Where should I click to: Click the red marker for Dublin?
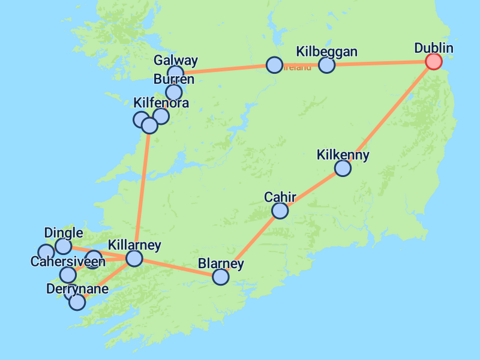(x=433, y=61)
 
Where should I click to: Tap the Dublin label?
(x=434, y=48)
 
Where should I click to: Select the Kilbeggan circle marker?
(x=326, y=64)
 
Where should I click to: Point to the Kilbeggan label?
(x=326, y=52)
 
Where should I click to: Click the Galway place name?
(x=175, y=61)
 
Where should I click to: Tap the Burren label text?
(x=173, y=79)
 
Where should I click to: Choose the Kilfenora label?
(x=161, y=103)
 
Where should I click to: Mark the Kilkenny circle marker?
(x=343, y=169)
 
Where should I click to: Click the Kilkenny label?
(x=343, y=155)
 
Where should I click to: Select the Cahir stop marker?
(x=280, y=211)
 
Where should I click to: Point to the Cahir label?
(x=280, y=197)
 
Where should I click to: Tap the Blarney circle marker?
(x=221, y=277)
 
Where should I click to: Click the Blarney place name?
(x=221, y=263)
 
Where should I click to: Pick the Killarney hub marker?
(x=134, y=258)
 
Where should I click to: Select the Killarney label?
(x=134, y=245)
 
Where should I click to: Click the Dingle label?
(x=64, y=233)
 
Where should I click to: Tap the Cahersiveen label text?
(x=68, y=262)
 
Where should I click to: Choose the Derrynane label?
(x=77, y=289)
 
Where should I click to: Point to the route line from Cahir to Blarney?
(x=251, y=244)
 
